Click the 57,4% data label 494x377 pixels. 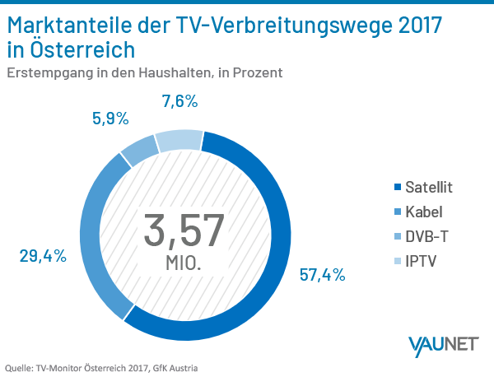323,274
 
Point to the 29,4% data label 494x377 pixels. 42,256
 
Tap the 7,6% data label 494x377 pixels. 180,102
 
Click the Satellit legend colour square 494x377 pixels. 399,188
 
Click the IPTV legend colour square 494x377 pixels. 399,262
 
